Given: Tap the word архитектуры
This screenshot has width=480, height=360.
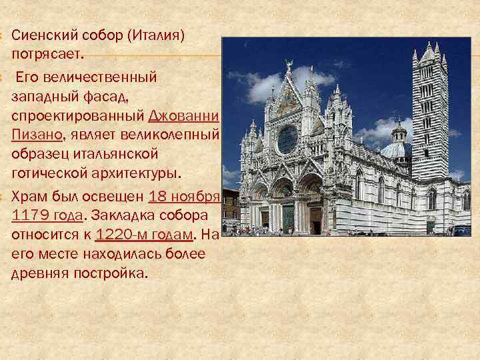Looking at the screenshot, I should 141,173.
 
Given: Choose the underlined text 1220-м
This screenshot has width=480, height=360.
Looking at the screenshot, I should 120,235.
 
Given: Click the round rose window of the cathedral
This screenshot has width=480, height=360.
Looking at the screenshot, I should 287,139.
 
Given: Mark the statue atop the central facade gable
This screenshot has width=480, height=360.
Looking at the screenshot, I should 289,64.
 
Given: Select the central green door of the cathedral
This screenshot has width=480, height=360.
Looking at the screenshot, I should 288,218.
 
